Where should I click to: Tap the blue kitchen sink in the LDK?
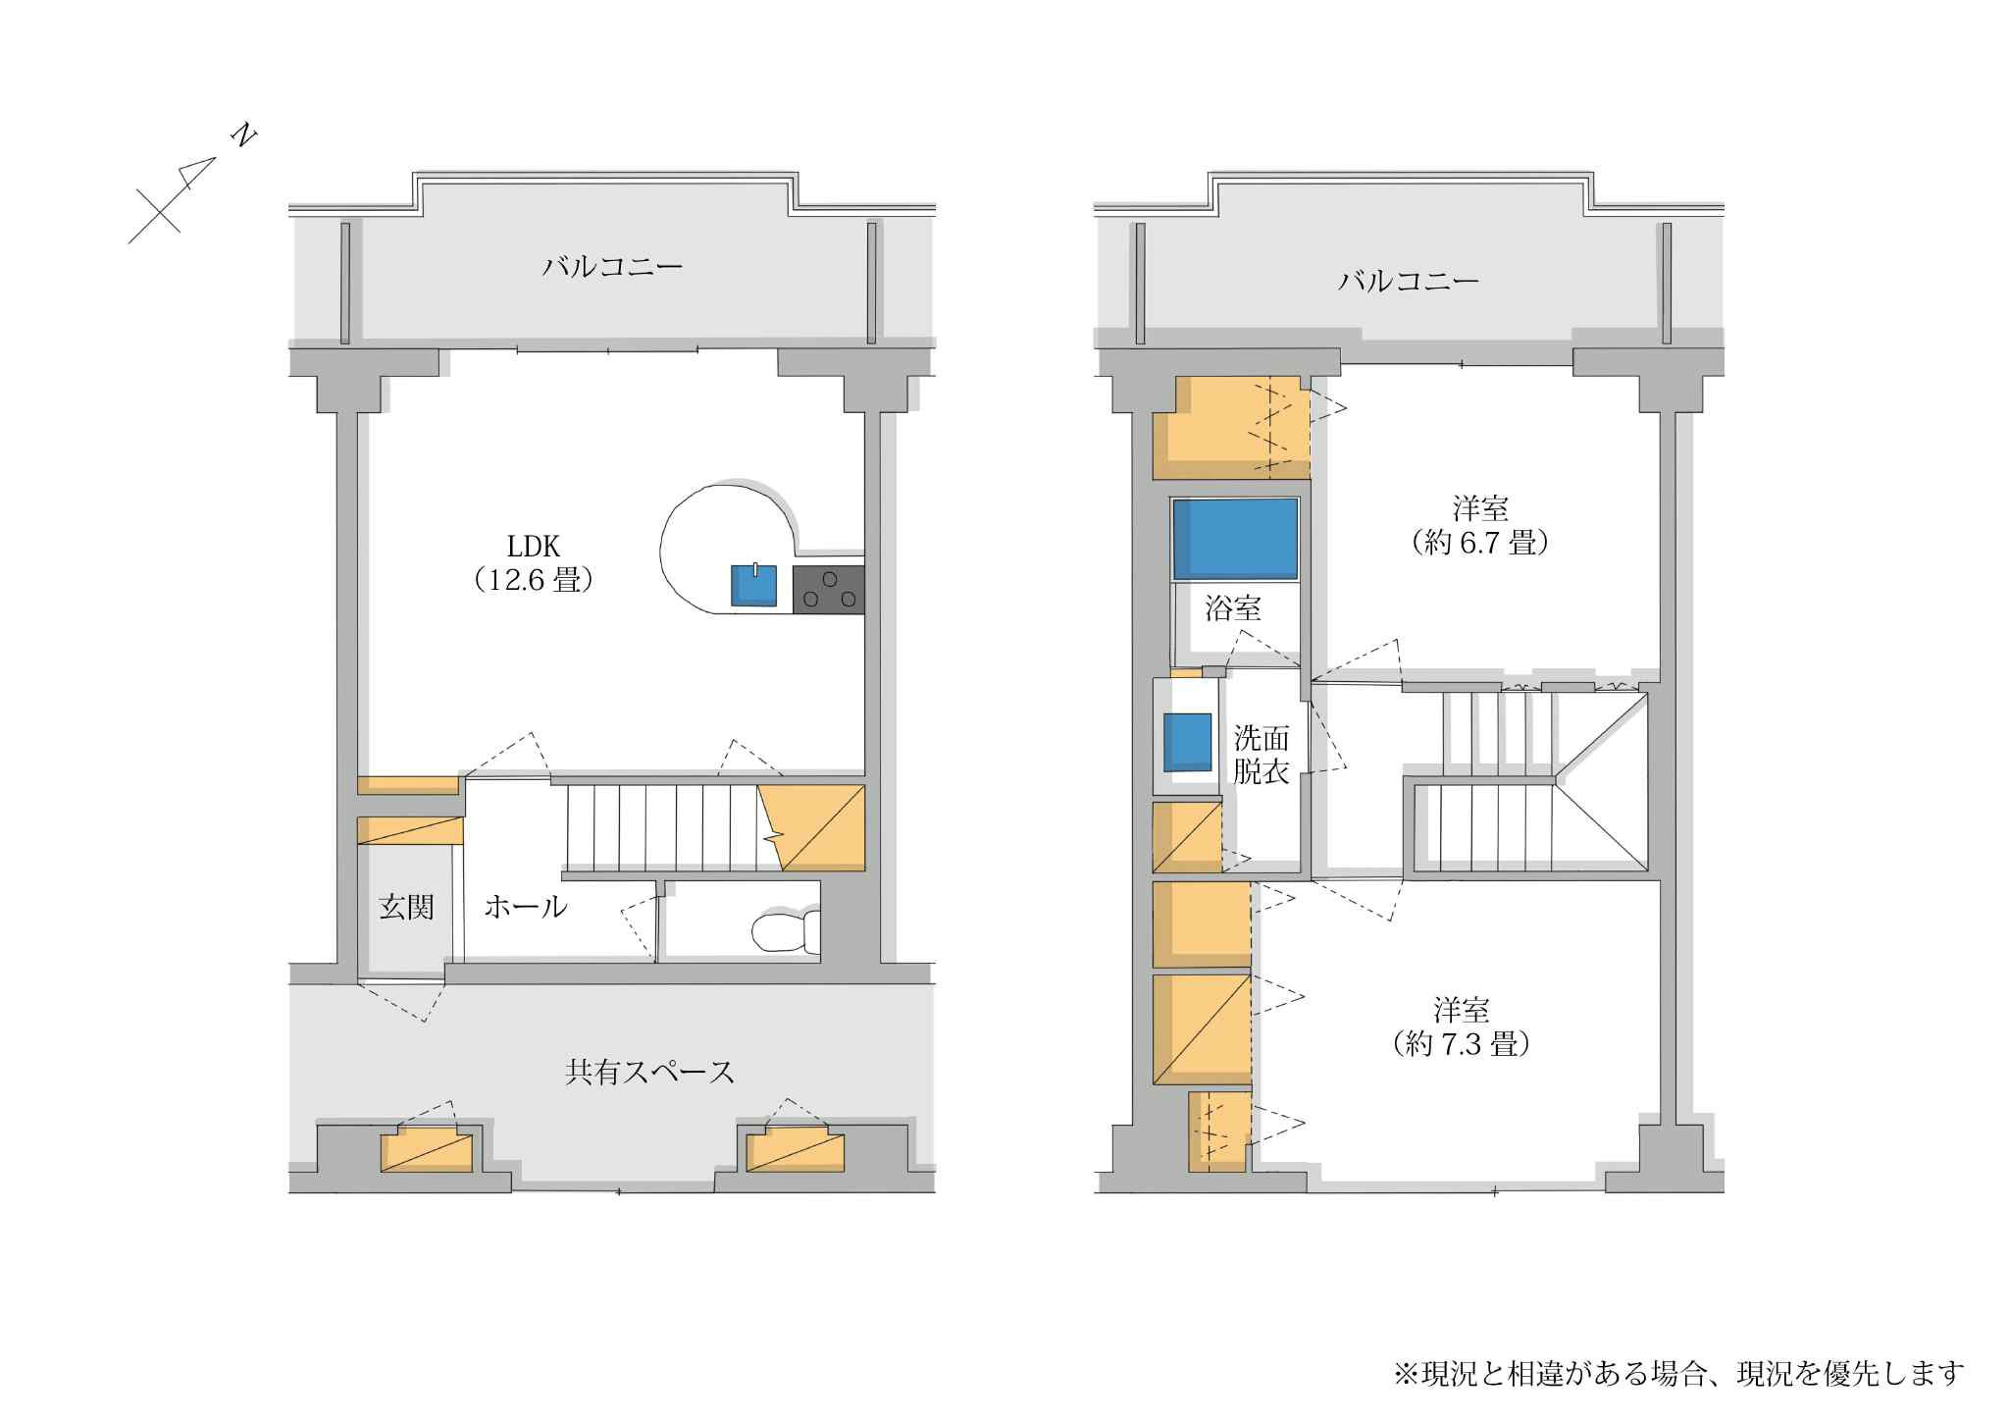(753, 586)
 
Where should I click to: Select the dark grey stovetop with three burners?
(829, 590)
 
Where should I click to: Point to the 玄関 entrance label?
(406, 907)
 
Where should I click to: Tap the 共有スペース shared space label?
(649, 1072)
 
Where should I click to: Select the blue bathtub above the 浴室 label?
(1236, 538)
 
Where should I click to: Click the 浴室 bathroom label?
(1233, 608)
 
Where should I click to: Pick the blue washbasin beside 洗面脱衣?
(1188, 742)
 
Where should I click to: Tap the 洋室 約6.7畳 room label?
(1479, 526)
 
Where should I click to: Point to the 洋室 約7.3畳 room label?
(1461, 1026)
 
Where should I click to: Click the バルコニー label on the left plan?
(612, 267)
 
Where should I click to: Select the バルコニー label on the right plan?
(1409, 283)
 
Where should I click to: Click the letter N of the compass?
(242, 135)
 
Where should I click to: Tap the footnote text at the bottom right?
(1678, 1373)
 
